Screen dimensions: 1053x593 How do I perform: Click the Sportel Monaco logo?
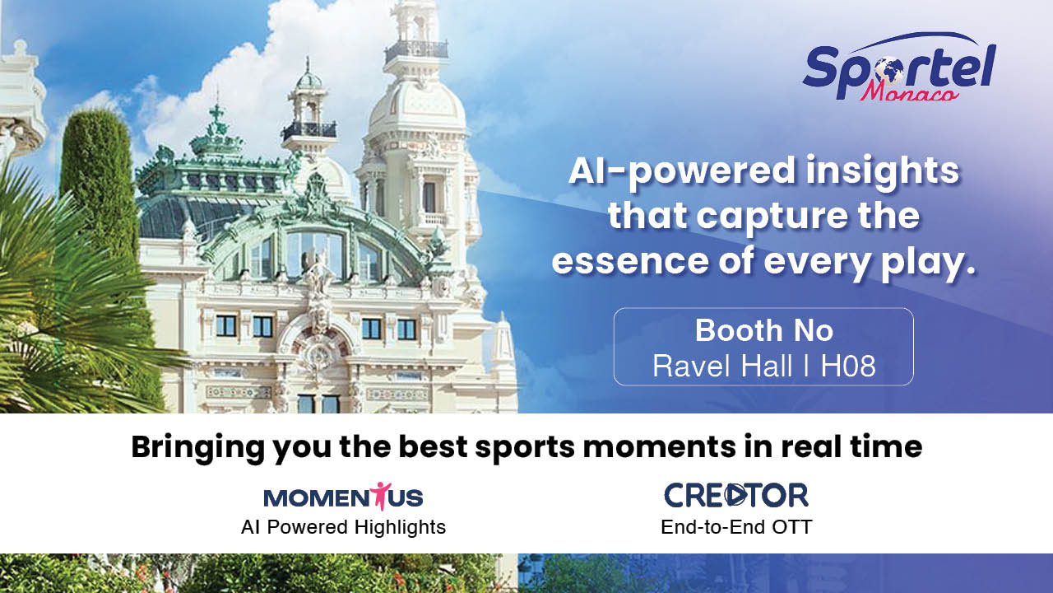pyautogui.click(x=899, y=68)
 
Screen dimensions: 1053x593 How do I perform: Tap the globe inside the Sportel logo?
pyautogui.click(x=888, y=72)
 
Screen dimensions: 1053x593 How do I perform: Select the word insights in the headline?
pyautogui.click(x=883, y=173)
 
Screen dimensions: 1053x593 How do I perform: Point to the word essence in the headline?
pyautogui.click(x=630, y=261)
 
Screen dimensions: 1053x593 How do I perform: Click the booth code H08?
pyautogui.click(x=848, y=366)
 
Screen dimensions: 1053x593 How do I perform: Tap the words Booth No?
pyautogui.click(x=764, y=330)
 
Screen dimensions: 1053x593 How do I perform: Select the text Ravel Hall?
pyautogui.click(x=722, y=366)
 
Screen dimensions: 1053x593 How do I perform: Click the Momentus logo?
pyautogui.click(x=343, y=497)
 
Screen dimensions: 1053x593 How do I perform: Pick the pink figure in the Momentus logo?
pyautogui.click(x=380, y=496)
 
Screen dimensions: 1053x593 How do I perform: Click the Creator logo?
pyautogui.click(x=736, y=495)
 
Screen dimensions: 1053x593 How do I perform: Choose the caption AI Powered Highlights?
pyautogui.click(x=343, y=527)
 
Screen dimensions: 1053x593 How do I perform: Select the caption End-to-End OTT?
pyautogui.click(x=736, y=527)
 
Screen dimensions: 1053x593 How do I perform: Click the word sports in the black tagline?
pyautogui.click(x=525, y=447)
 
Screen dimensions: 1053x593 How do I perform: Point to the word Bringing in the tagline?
pyautogui.click(x=198, y=448)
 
